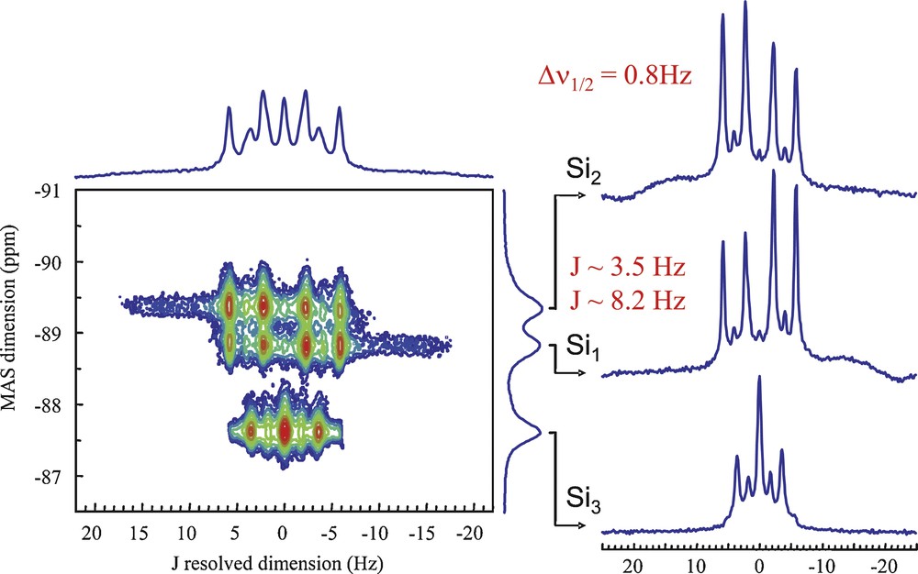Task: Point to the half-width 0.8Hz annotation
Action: [x=612, y=78]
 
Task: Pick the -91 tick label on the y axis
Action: [x=56, y=192]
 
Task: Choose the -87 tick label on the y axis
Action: [x=56, y=476]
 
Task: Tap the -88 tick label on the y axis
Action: [x=56, y=404]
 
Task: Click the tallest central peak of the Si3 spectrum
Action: [x=759, y=379]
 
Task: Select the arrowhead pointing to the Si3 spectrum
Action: [x=584, y=524]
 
